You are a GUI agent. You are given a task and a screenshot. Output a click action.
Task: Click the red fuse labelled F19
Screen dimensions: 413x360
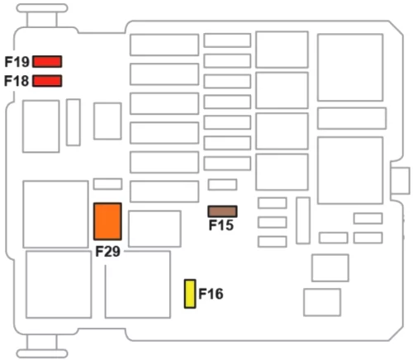tap(47, 61)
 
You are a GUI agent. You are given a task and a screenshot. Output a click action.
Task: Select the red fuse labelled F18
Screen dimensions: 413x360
tap(47, 81)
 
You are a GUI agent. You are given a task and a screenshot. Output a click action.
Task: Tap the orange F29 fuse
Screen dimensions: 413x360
tap(107, 221)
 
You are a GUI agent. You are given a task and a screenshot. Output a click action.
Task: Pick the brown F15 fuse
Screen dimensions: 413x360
tap(222, 211)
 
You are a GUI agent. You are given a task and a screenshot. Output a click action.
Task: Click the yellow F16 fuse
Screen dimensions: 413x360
tap(190, 294)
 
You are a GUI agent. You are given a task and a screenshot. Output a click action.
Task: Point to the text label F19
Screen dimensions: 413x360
tap(17, 62)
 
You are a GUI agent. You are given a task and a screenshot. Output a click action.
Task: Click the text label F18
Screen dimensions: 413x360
tap(17, 81)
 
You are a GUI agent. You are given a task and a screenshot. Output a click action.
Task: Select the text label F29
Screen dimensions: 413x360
tap(107, 251)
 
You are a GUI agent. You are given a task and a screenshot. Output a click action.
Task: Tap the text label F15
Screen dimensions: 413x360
tap(221, 225)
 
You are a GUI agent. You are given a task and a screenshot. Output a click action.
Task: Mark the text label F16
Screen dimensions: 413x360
tap(211, 294)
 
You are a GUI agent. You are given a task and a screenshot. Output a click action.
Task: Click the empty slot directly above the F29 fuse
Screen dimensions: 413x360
tap(107, 184)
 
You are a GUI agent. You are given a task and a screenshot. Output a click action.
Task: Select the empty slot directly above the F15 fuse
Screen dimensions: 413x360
tap(222, 184)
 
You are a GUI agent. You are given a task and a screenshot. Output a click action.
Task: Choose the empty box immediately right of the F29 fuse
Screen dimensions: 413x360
tap(154, 229)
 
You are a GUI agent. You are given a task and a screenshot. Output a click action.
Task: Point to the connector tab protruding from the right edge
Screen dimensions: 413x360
tap(401, 181)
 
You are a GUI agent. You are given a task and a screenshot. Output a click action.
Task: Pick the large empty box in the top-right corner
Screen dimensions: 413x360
tap(350, 68)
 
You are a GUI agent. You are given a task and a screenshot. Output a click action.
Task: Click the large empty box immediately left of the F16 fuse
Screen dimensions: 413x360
tap(138, 284)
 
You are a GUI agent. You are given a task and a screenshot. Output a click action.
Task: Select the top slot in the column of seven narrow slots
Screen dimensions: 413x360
tap(227, 40)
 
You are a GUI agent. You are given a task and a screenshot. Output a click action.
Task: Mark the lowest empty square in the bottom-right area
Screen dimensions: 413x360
tap(322, 302)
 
